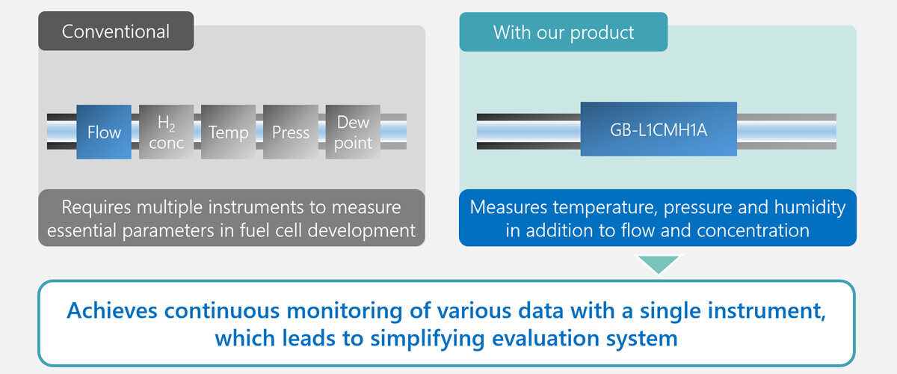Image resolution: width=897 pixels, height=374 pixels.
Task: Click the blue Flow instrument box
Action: pos(104,132)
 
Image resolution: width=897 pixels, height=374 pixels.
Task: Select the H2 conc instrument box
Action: pos(166,132)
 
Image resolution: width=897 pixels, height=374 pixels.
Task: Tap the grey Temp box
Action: pos(228,132)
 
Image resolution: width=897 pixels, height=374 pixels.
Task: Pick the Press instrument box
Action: pos(290,132)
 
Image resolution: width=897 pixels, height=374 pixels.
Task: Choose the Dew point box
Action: pos(353,132)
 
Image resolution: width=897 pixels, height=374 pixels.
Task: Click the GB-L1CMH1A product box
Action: pos(659,129)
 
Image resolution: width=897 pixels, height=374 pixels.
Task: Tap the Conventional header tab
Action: pos(116,32)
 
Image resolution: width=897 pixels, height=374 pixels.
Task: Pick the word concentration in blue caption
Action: pos(753,230)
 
